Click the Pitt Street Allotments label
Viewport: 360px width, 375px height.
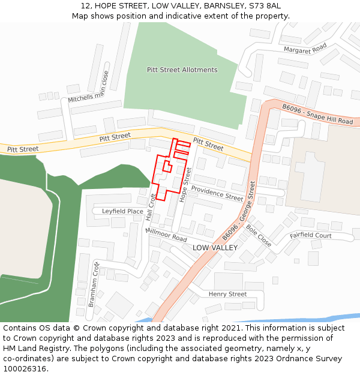click(182, 70)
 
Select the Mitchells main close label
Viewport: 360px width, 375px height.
click(88, 87)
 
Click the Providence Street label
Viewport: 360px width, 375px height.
click(218, 193)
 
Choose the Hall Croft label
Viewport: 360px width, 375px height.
click(151, 207)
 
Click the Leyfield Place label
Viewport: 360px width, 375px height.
click(122, 211)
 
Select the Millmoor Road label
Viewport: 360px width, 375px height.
click(166, 234)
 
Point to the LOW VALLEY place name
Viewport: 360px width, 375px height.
click(215, 248)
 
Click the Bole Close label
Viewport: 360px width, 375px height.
click(258, 235)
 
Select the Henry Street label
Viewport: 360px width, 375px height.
click(227, 294)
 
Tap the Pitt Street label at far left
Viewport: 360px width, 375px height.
click(23, 149)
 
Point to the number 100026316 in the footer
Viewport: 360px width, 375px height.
click(24, 369)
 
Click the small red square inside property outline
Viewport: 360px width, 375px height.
click(167, 166)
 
